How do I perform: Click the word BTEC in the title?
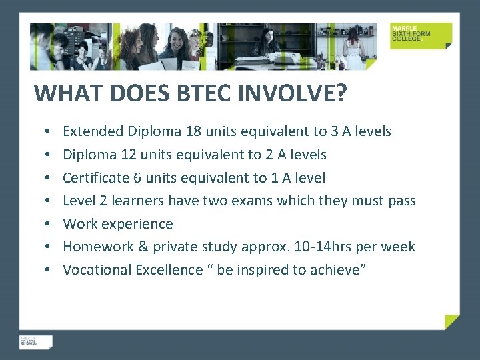click(x=203, y=93)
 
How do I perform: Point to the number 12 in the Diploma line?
click(x=129, y=155)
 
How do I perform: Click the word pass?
click(x=402, y=201)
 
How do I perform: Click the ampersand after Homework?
click(x=143, y=247)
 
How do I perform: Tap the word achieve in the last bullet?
click(x=337, y=270)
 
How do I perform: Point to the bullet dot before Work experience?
click(x=50, y=224)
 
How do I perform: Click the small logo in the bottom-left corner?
click(x=35, y=341)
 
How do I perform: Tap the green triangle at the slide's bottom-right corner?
click(x=453, y=322)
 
